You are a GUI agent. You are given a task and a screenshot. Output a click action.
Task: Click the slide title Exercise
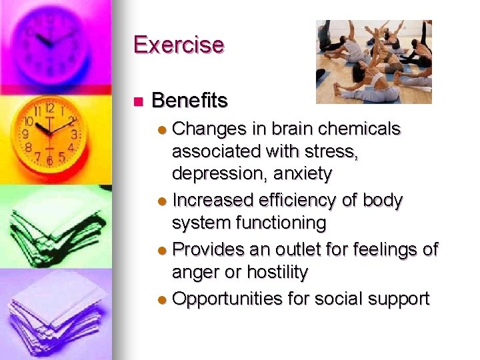[179, 45]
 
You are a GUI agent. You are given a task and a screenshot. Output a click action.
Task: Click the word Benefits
[190, 101]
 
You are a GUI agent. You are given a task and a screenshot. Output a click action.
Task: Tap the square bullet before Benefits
[138, 102]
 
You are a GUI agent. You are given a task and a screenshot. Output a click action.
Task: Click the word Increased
[213, 200]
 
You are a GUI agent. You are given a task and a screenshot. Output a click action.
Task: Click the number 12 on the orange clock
[49, 108]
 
